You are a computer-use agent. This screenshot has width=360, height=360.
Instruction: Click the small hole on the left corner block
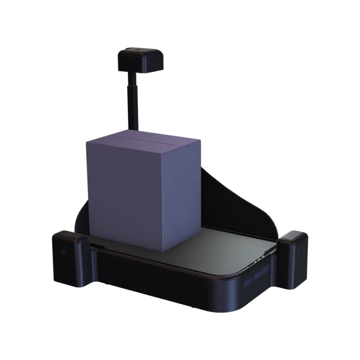64,251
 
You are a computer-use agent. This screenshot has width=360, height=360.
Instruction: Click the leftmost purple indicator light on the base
247,282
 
